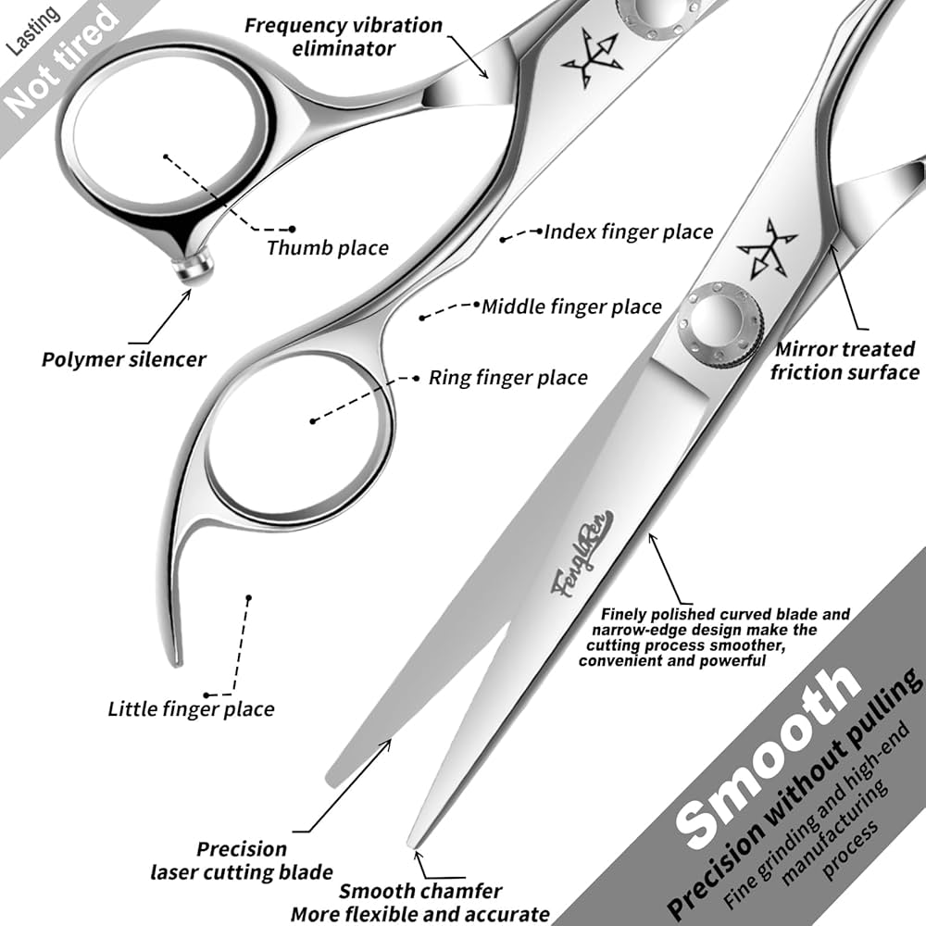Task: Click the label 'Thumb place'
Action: point(327,247)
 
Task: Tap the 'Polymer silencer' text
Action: point(123,358)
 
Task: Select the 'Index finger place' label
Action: point(628,231)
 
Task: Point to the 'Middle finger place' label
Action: point(571,306)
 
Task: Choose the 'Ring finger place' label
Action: point(507,377)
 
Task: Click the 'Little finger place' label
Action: point(191,709)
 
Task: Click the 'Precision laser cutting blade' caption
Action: point(241,860)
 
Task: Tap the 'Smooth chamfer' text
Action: point(419,892)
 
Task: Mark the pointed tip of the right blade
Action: point(414,842)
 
